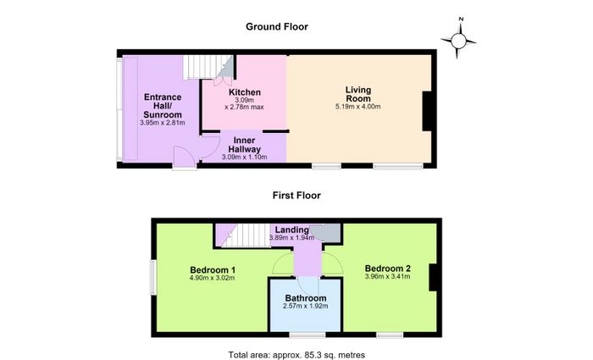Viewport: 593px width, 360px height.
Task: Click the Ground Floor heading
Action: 277,27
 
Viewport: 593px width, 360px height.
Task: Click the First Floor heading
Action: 296,196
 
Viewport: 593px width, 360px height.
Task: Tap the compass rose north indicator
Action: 461,19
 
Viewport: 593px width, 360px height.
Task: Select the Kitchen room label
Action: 245,92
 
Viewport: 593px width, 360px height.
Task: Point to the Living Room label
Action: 358,94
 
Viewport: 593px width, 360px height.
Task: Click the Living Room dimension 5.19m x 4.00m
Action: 357,107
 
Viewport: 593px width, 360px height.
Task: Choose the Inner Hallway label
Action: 244,145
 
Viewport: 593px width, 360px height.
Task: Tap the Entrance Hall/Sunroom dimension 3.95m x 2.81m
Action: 163,123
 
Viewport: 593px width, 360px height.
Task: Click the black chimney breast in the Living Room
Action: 427,111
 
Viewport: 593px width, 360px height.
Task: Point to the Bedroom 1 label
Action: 213,270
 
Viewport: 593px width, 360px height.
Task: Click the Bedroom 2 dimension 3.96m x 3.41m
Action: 388,276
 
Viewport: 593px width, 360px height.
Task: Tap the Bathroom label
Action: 306,298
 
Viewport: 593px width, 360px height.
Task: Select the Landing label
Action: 291,230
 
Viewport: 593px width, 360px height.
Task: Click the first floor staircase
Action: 246,235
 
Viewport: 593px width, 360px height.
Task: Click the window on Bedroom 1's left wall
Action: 152,278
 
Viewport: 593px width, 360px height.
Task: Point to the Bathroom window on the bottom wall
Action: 308,335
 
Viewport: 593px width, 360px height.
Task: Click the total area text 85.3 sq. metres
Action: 296,355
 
